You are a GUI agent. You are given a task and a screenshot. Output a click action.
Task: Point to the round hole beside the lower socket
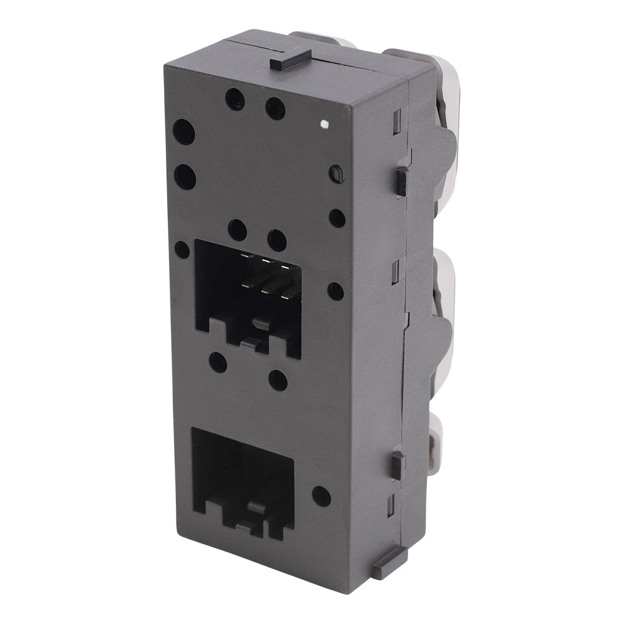[321, 496]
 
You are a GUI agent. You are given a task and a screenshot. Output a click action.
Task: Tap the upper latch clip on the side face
[402, 181]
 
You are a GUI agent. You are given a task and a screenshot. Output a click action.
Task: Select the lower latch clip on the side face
[397, 465]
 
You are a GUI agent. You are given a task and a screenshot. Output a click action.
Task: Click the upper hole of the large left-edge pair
[183, 132]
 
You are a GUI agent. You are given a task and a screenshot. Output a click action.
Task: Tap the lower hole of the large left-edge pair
[185, 177]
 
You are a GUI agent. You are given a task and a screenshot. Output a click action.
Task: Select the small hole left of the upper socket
[182, 250]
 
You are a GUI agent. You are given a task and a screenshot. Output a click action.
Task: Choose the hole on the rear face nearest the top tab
[275, 109]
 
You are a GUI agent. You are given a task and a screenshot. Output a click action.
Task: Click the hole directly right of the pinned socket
[336, 291]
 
